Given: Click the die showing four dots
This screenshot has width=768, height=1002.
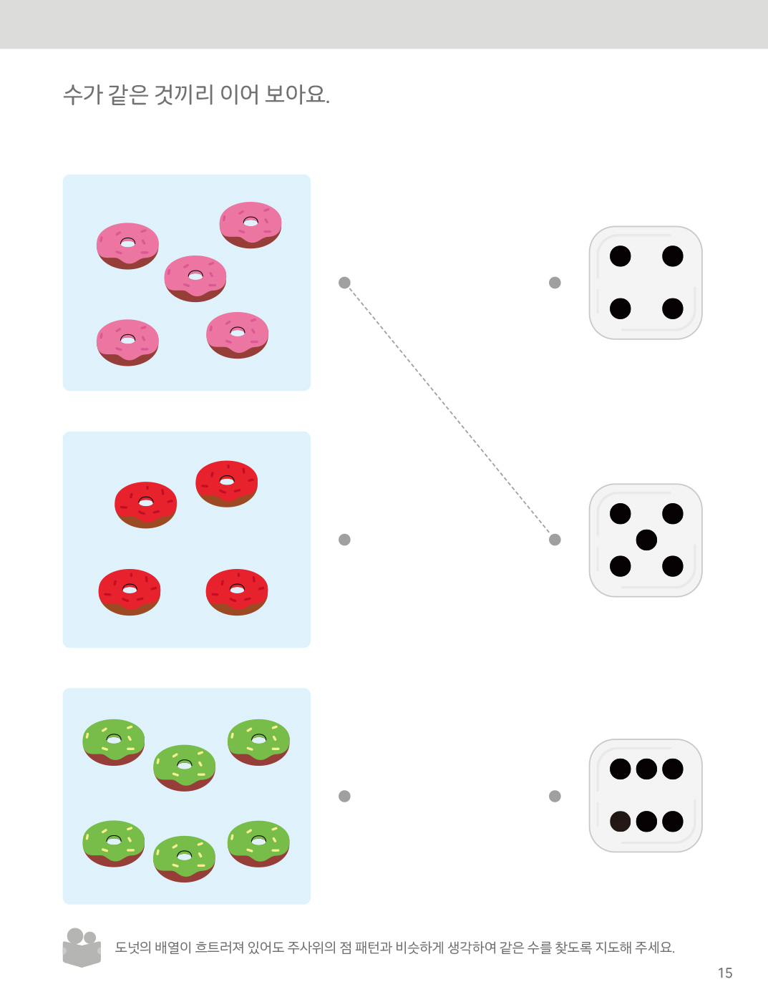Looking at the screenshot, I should pos(646,283).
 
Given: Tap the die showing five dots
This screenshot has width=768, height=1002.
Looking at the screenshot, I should pos(646,540).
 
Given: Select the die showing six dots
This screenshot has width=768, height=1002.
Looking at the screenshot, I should pos(646,795).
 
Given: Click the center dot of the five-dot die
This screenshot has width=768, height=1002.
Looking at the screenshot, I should pos(646,540).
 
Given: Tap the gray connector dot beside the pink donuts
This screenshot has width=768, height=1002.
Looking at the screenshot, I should pos(344,283).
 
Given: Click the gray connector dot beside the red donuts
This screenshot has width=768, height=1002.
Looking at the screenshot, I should pos(344,540).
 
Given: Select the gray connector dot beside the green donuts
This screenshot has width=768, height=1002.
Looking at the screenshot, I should pos(344,796).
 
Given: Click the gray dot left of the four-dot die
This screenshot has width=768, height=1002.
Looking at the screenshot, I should pos(555,283).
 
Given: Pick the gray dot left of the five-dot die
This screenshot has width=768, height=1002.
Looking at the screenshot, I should pos(555,540).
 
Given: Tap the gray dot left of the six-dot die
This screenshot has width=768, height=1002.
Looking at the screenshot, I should pos(555,796).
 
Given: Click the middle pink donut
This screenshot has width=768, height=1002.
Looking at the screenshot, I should pos(195,278).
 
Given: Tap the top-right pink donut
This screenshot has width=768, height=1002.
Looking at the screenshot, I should pos(251,225).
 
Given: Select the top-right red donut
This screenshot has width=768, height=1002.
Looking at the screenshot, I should pos(227,484).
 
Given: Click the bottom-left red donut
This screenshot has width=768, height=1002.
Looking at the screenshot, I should pos(130,592).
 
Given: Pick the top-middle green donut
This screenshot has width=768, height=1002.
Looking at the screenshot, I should pos(185,768).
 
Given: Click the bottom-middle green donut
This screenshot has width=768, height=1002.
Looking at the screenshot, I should pos(185,858).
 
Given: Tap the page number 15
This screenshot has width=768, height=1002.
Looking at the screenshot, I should pos(725,973).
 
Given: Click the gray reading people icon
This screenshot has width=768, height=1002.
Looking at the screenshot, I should pos(82,947).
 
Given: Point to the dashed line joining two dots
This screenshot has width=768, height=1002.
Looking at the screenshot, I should pos(449,411).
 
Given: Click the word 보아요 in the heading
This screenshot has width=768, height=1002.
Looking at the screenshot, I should pos(296,94).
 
